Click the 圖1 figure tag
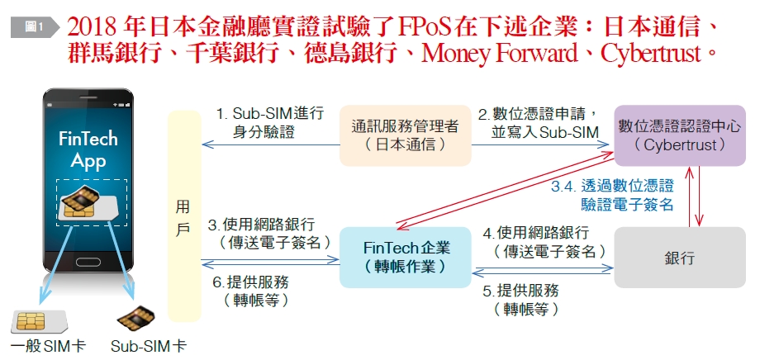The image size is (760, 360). pyautogui.click(x=34, y=27)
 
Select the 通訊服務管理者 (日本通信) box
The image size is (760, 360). pyautogui.click(x=406, y=136)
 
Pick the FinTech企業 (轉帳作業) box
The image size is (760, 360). pyautogui.click(x=406, y=257)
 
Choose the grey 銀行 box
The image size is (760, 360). pyautogui.click(x=679, y=258)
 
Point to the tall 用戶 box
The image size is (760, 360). pyautogui.click(x=183, y=216)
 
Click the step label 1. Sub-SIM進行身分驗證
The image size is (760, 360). pyautogui.click(x=269, y=121)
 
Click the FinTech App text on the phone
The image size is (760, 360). pyautogui.click(x=88, y=149)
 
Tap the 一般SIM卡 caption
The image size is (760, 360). pyautogui.click(x=48, y=346)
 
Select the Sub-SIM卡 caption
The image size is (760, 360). pyautogui.click(x=149, y=346)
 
